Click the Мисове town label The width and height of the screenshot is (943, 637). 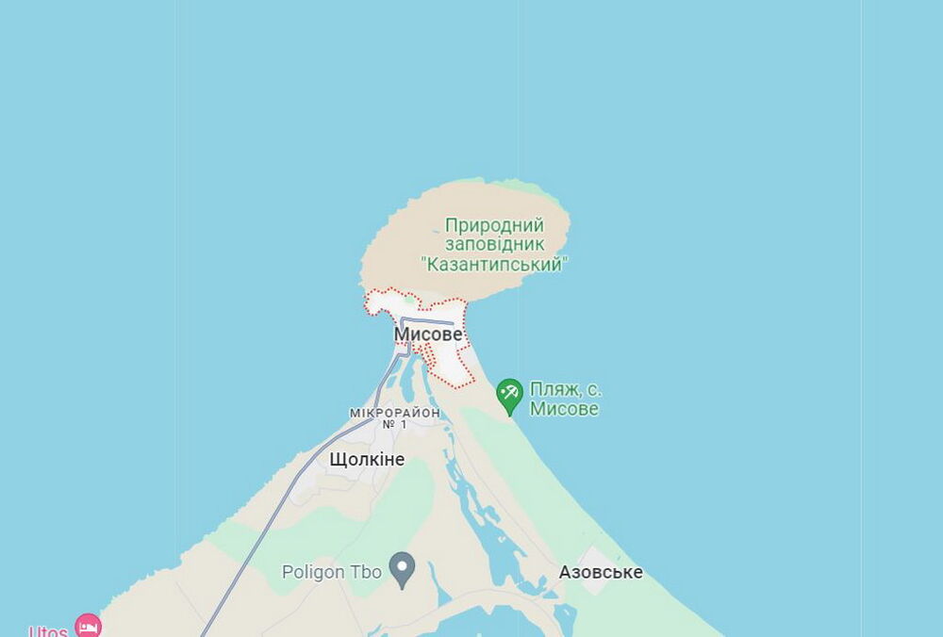[428, 335]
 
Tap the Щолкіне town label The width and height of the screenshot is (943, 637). [367, 460]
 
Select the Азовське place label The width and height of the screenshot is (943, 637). [601, 572]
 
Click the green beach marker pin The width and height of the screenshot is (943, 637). [509, 395]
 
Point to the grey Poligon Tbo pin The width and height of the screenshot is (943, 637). [403, 569]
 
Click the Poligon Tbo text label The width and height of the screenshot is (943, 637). [331, 572]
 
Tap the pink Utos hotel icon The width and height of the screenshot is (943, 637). [88, 625]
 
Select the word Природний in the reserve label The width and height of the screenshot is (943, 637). [494, 225]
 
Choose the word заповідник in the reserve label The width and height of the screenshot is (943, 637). [494, 245]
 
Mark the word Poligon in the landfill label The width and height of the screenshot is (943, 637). [313, 572]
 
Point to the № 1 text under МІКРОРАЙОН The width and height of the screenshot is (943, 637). [394, 425]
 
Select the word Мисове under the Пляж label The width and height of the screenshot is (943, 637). [564, 409]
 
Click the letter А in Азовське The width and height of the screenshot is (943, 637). [565, 572]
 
